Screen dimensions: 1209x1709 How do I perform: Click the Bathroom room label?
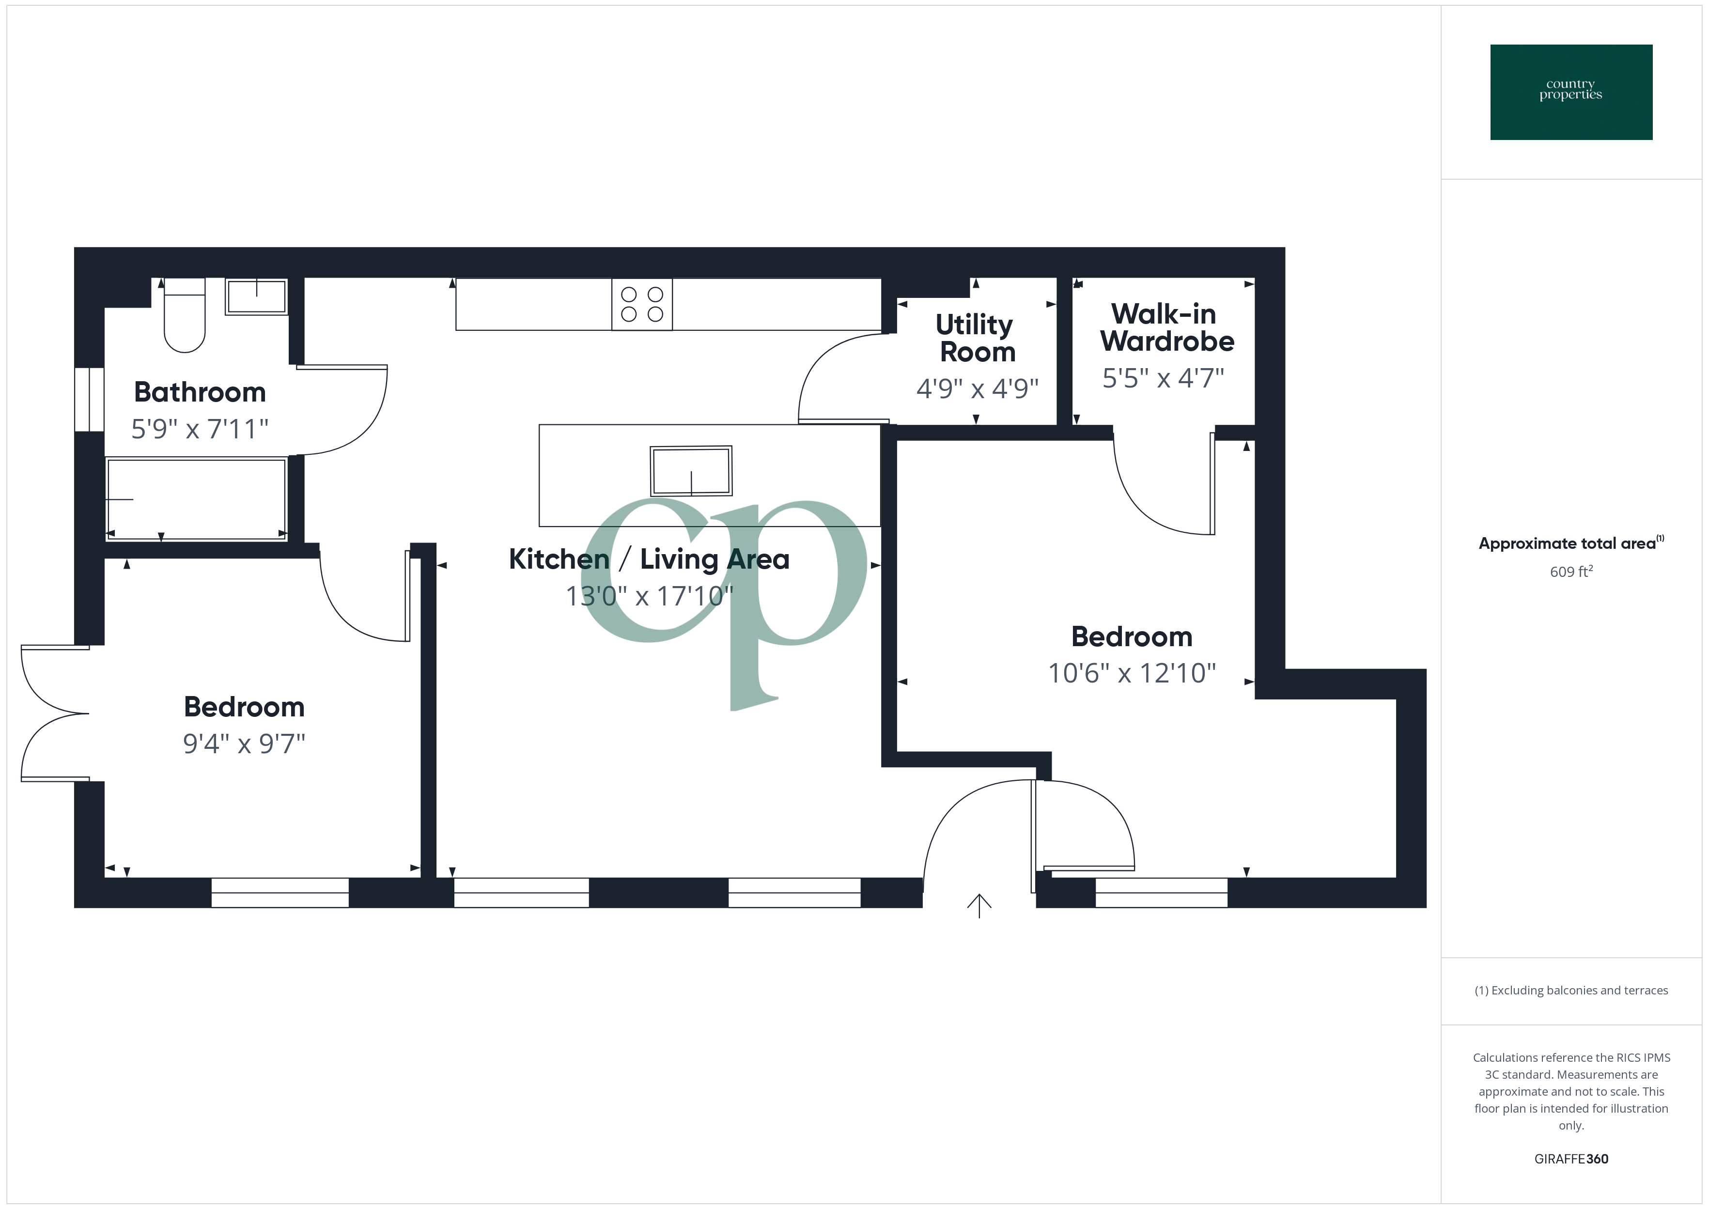click(x=200, y=392)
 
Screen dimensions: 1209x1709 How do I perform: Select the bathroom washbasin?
click(x=256, y=297)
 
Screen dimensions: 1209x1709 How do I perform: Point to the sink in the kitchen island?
click(x=691, y=471)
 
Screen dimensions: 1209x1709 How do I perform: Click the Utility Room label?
click(x=976, y=338)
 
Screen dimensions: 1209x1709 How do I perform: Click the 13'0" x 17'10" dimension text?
click(x=649, y=596)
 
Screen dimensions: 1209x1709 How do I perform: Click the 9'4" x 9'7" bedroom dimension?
click(x=244, y=743)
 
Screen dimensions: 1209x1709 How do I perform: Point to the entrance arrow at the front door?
click(x=979, y=905)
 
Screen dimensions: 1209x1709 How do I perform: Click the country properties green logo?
click(x=1570, y=93)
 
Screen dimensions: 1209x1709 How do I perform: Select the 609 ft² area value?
click(x=1570, y=572)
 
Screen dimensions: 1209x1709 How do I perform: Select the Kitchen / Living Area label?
click(x=648, y=559)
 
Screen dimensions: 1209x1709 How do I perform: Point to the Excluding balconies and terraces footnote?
click(x=1570, y=990)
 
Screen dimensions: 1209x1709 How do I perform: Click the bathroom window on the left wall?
click(x=89, y=399)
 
